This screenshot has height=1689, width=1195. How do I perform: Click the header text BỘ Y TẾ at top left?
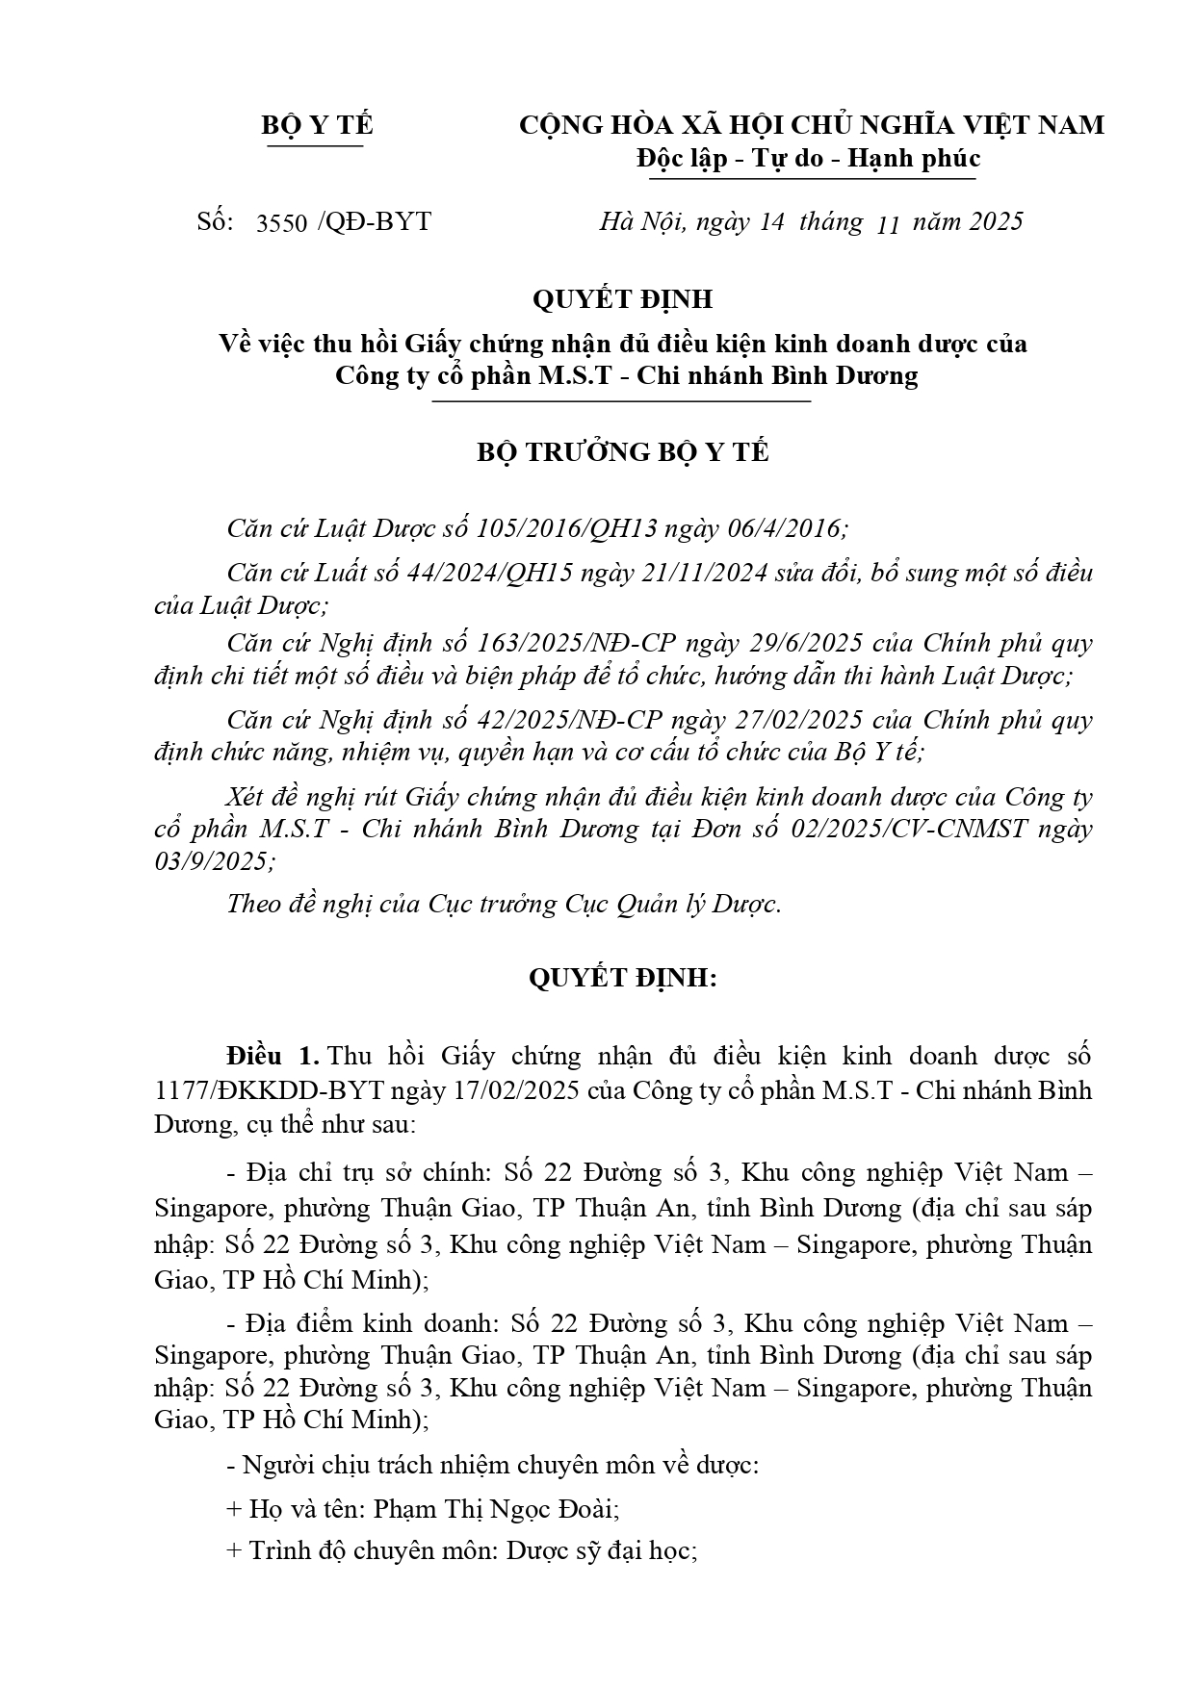317,126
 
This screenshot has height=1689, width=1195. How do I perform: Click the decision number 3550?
281,223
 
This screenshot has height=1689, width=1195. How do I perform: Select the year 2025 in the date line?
995,222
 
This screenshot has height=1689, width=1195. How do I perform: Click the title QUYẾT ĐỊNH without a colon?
622,299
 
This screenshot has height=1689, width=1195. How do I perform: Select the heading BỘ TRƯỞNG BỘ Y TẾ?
623,452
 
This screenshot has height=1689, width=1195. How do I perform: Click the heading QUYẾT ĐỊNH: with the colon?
623,979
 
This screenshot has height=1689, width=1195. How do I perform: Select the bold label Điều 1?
272,1056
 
